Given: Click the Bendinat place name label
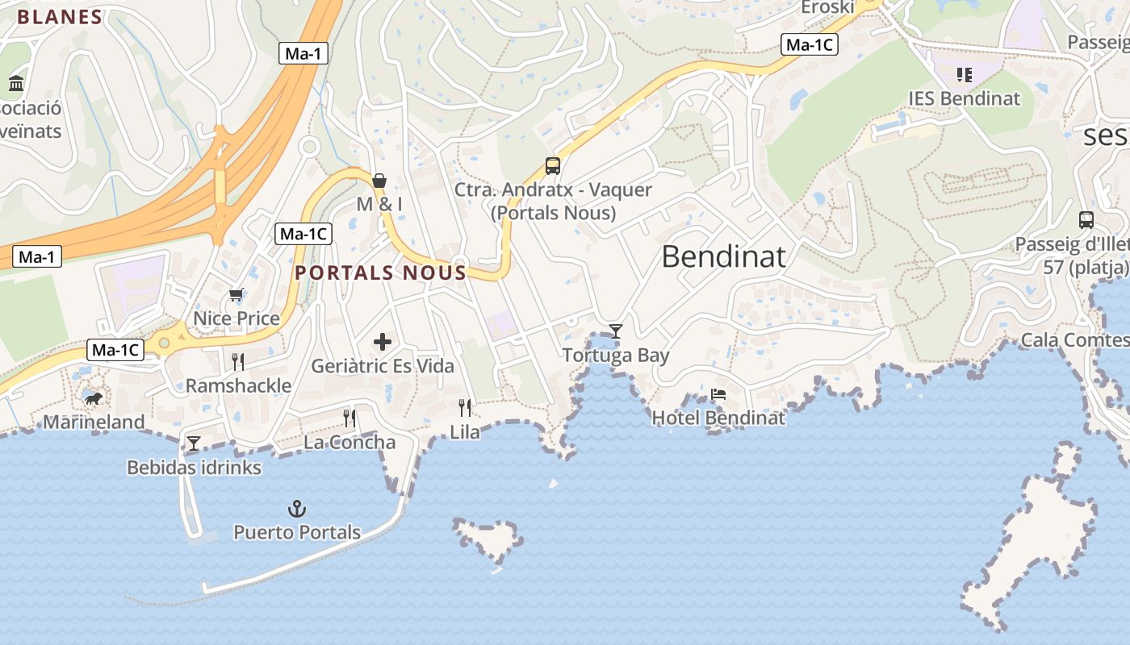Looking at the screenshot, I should pyautogui.click(x=723, y=256).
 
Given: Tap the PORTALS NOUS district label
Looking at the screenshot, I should pyautogui.click(x=381, y=273).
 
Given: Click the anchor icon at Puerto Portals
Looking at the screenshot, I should pyautogui.click(x=297, y=509).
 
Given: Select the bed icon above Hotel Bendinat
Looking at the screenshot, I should pyautogui.click(x=718, y=394).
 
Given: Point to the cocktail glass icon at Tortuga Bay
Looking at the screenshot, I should pyautogui.click(x=616, y=331).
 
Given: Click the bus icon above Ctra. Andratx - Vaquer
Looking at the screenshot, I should pyautogui.click(x=553, y=166).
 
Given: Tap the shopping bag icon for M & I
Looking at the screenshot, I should pyautogui.click(x=379, y=180).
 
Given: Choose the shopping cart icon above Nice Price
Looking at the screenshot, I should pyautogui.click(x=236, y=294).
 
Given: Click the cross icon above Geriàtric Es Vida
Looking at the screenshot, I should pyautogui.click(x=383, y=343).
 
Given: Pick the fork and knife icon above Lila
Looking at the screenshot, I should pyautogui.click(x=465, y=408).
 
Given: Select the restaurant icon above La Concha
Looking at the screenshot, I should pyautogui.click(x=349, y=418).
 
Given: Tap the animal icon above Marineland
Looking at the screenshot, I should pyautogui.click(x=94, y=398).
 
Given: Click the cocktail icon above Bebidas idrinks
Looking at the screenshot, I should pyautogui.click(x=194, y=443).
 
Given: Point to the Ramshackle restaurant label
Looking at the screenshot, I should pyautogui.click(x=238, y=385).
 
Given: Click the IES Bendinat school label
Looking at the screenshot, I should pyautogui.click(x=964, y=98).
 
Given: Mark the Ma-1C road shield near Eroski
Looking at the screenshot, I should pyautogui.click(x=810, y=45).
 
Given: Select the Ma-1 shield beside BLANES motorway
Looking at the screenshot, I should pyautogui.click(x=303, y=54).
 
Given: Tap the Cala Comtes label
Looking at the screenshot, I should pyautogui.click(x=1073, y=340).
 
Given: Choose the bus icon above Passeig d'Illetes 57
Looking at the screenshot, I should pyautogui.click(x=1086, y=219).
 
